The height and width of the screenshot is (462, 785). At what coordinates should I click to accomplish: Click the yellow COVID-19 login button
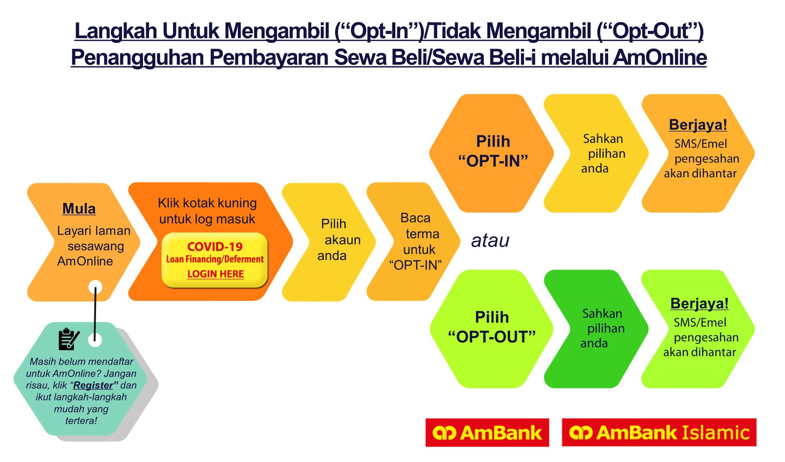click(x=214, y=260)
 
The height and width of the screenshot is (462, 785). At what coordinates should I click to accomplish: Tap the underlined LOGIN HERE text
click(x=216, y=274)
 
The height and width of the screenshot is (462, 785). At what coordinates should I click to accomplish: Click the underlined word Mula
click(x=79, y=209)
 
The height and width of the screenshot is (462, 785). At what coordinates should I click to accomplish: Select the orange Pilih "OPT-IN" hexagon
click(x=491, y=153)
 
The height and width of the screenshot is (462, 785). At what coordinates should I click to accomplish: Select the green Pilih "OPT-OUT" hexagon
click(x=491, y=329)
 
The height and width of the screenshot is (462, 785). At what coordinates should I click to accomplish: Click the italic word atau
click(x=490, y=241)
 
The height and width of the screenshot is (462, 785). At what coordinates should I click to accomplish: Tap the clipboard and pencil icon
click(x=69, y=339)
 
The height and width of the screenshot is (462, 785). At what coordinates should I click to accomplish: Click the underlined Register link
click(x=93, y=385)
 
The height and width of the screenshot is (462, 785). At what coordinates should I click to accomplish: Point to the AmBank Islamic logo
click(x=659, y=432)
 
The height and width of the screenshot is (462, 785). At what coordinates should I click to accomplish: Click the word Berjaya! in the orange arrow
click(x=698, y=124)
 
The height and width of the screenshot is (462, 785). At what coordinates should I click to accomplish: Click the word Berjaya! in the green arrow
click(x=699, y=303)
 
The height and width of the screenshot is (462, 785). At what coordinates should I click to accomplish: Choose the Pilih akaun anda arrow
click(x=329, y=242)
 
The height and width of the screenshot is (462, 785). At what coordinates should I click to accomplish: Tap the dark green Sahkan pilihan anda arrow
click(x=596, y=329)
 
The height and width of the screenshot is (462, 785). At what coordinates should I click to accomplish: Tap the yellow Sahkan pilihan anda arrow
click(x=596, y=153)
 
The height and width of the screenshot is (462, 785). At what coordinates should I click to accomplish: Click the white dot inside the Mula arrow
click(x=95, y=287)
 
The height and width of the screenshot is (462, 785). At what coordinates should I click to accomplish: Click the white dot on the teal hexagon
click(x=95, y=340)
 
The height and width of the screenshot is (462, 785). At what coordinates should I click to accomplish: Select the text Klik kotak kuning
click(x=207, y=203)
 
